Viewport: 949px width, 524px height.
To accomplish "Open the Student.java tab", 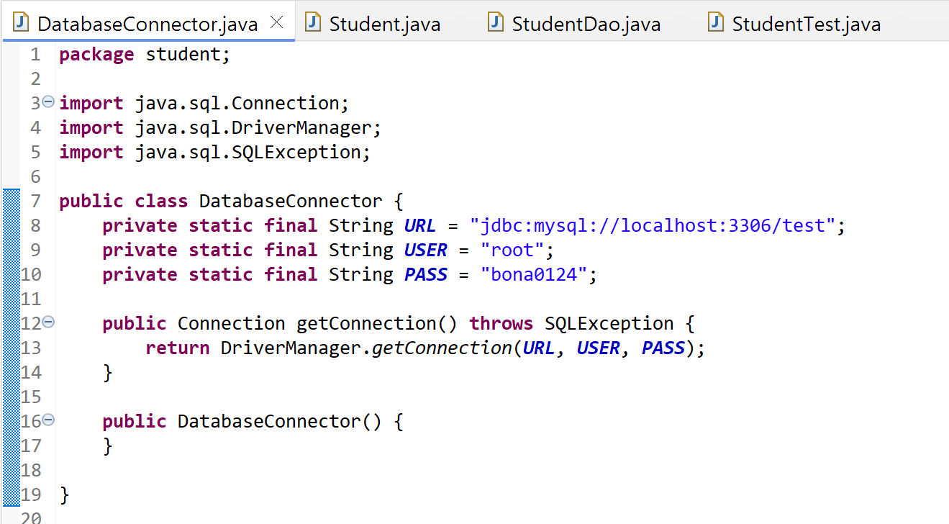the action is click(384, 24).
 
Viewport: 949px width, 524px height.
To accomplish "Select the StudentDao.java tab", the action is click(586, 24).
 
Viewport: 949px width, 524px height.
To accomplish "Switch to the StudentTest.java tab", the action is click(806, 24).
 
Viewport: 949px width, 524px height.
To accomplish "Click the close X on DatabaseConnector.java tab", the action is click(276, 23).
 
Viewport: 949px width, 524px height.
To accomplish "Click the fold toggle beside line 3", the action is click(48, 102).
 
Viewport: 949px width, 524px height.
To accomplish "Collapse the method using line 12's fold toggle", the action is click(48, 322).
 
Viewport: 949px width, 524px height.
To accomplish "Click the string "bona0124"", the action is click(535, 274).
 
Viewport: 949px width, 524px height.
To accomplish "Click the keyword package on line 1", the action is click(96, 55).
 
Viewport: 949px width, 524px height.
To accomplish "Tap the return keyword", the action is click(177, 348).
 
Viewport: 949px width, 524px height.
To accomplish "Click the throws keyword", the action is click(501, 323).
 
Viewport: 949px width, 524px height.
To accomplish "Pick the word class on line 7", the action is click(161, 201).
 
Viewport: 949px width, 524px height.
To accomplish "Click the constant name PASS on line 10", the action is click(426, 274).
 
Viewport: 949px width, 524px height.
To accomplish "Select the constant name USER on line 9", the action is click(426, 250).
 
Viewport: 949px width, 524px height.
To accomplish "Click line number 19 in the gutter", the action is click(31, 494).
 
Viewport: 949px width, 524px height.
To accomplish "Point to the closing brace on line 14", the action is click(108, 372).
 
